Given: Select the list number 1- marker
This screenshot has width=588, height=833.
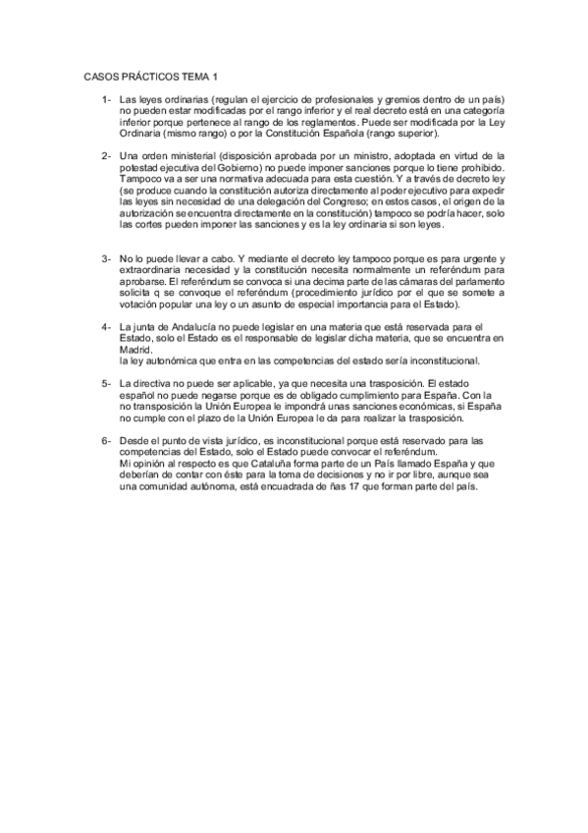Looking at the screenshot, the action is click(x=105, y=100).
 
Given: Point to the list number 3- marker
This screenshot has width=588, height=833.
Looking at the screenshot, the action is click(x=105, y=257).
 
